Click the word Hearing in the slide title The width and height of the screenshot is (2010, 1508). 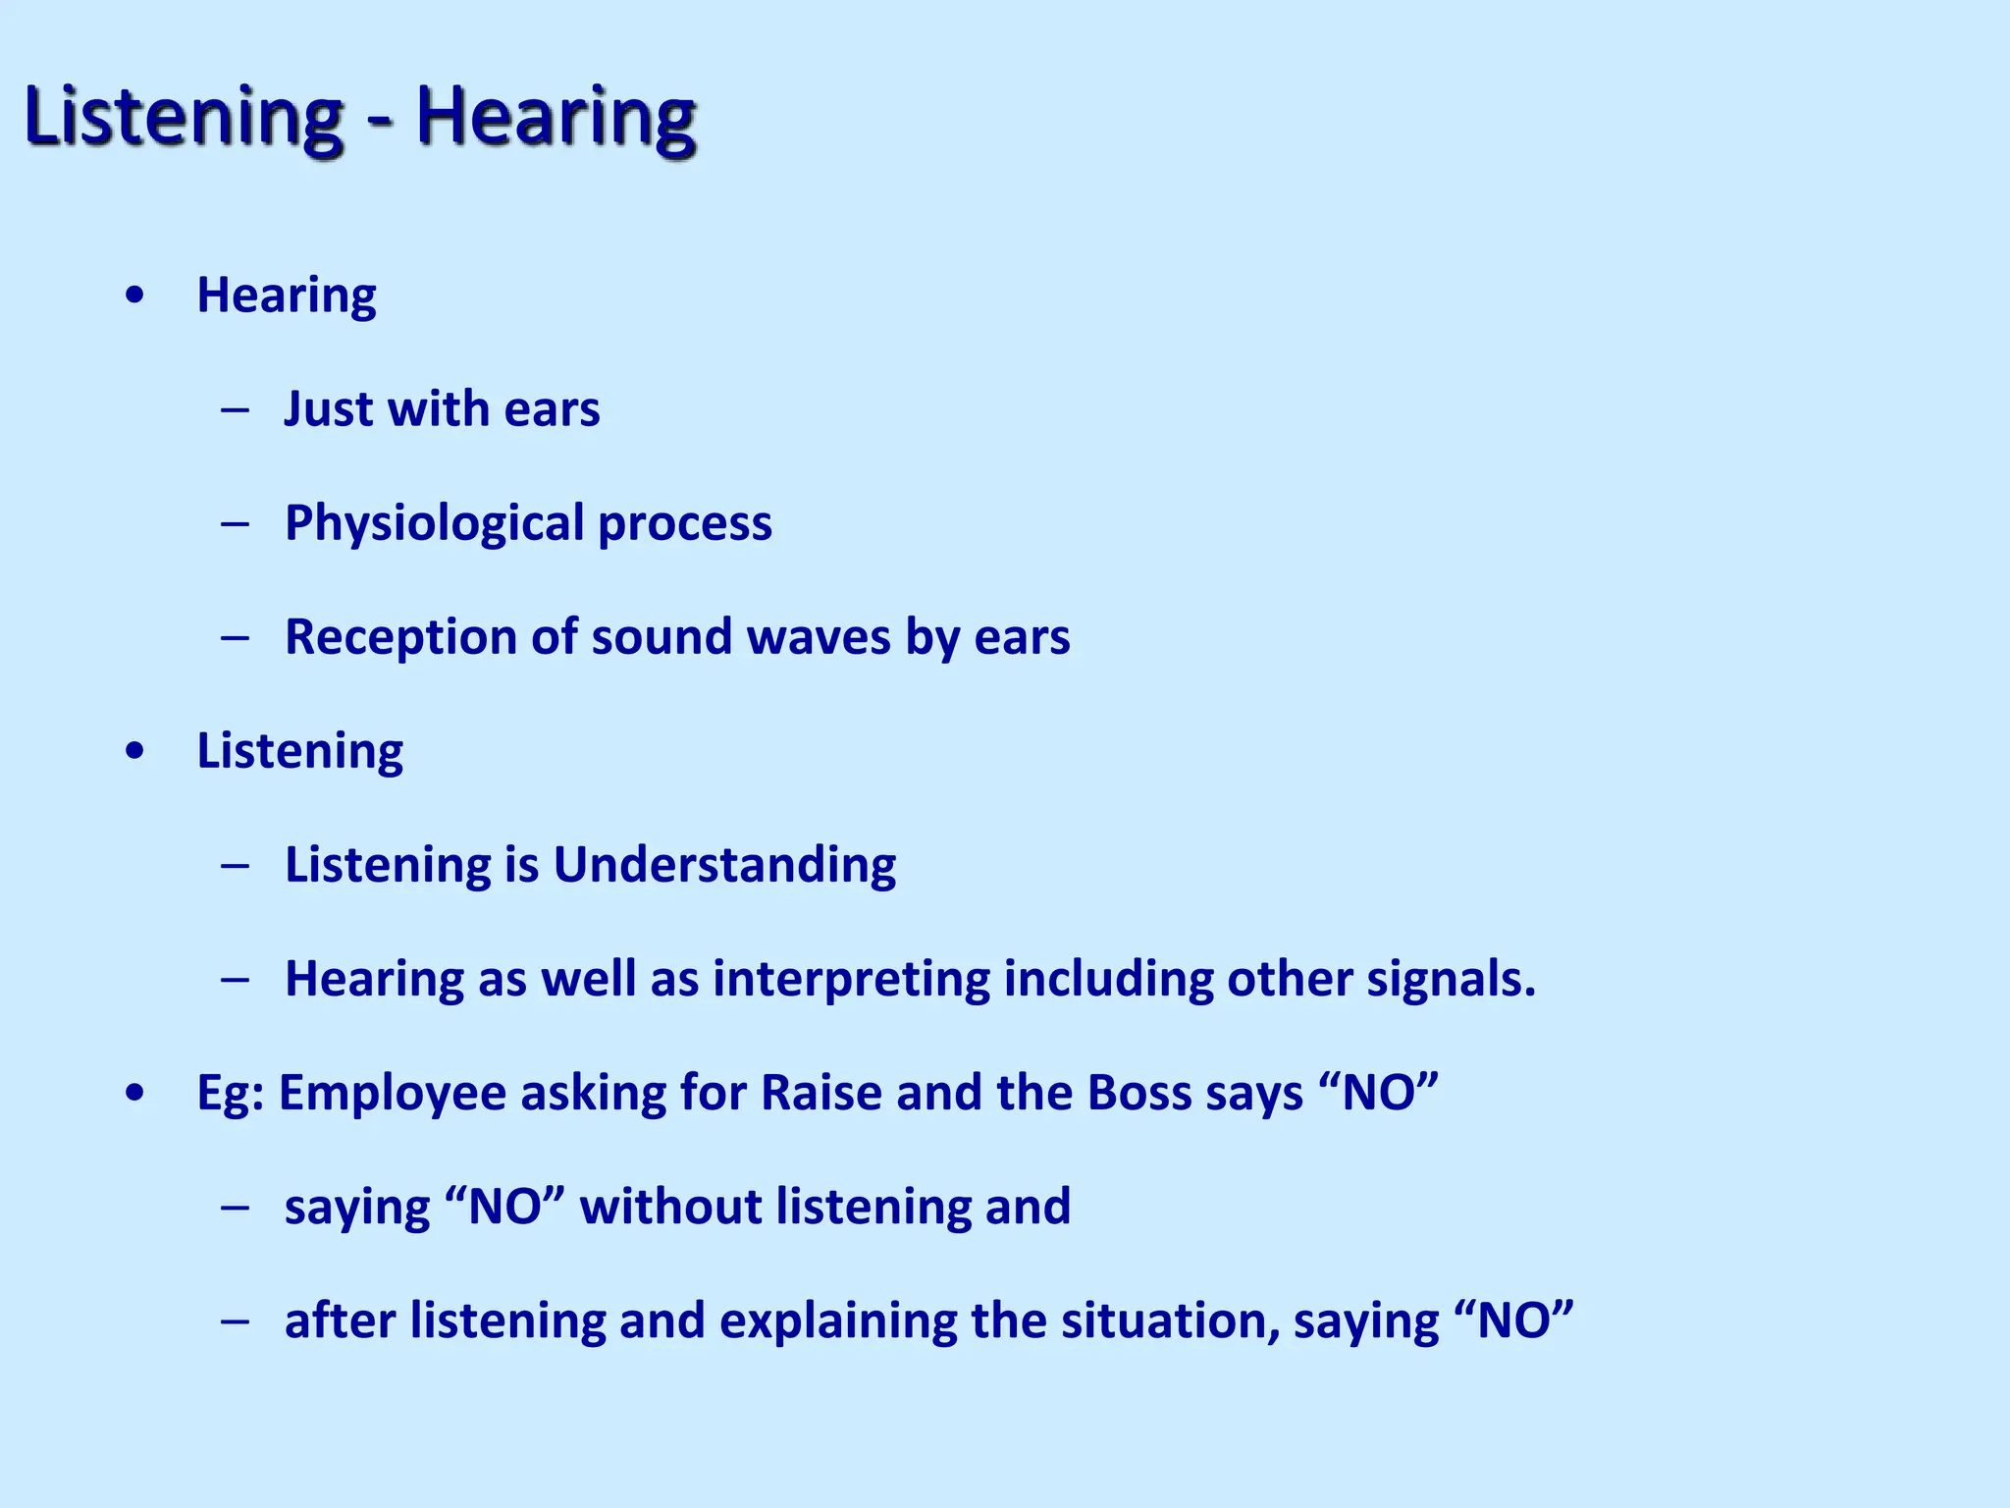(x=555, y=118)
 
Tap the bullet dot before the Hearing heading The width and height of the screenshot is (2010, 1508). (x=135, y=296)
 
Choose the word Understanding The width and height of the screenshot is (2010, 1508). (x=724, y=866)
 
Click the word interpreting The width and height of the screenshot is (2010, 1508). (x=851, y=980)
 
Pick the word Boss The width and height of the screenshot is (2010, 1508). (x=1138, y=1093)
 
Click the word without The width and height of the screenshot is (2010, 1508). (x=670, y=1207)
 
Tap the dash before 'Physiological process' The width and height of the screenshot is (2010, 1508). (x=236, y=523)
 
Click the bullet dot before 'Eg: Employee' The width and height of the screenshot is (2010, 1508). (x=135, y=1093)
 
